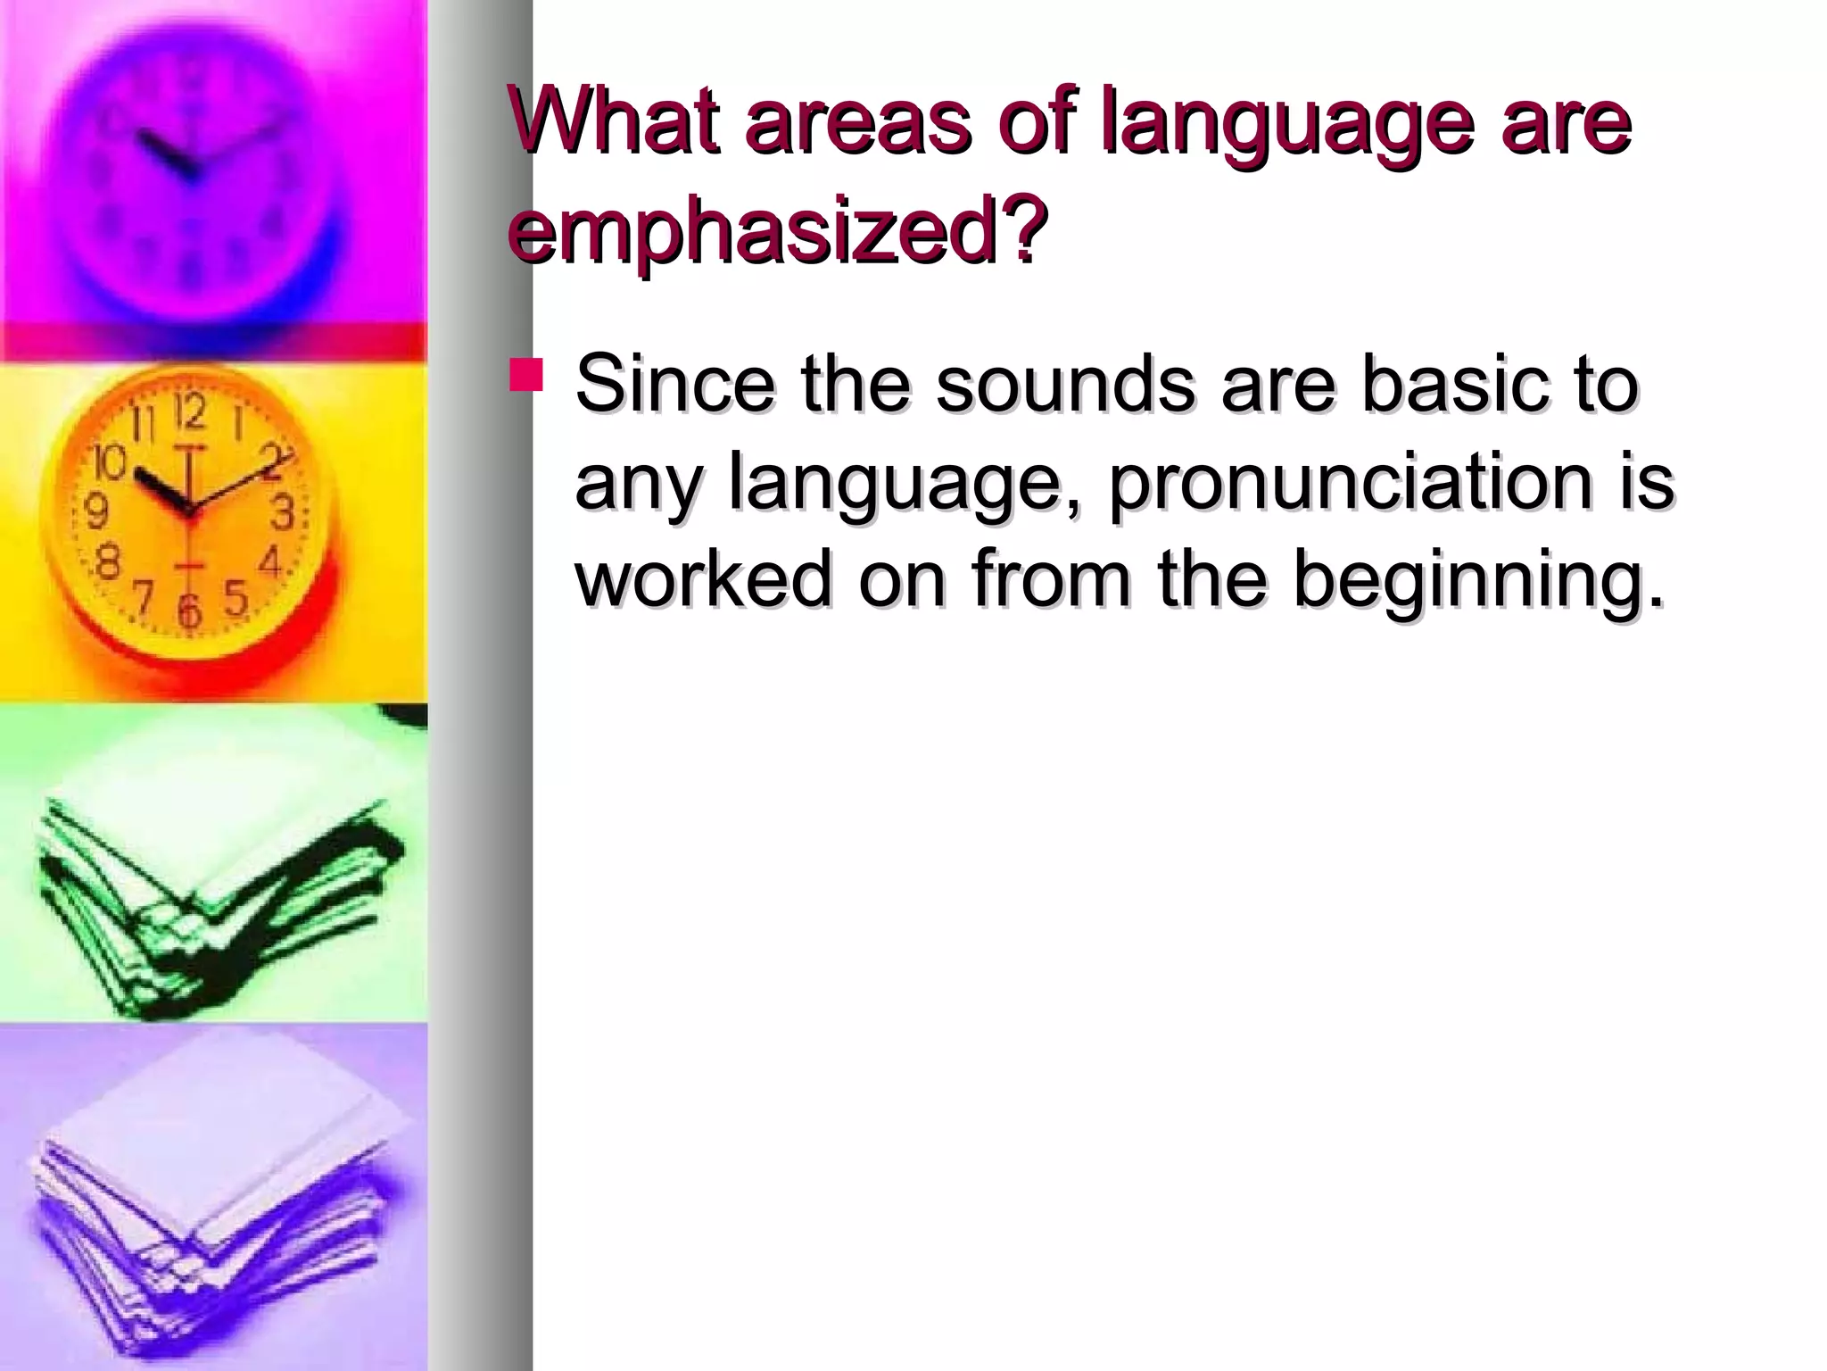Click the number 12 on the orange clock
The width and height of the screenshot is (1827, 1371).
pos(189,413)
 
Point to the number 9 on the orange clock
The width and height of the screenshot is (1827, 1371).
pos(96,512)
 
